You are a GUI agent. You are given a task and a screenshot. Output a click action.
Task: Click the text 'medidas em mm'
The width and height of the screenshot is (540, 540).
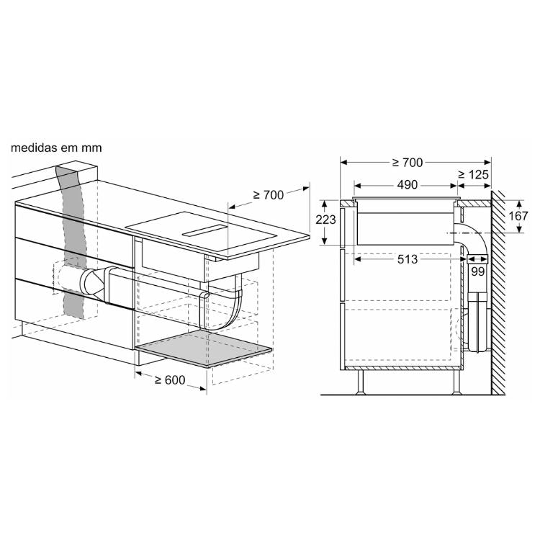[56, 148]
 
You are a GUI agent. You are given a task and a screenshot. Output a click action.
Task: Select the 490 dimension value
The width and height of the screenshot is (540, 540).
[407, 185]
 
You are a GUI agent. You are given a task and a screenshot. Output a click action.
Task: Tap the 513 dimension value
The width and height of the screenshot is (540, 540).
[408, 259]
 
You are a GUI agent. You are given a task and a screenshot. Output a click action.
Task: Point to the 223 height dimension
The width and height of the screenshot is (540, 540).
[325, 220]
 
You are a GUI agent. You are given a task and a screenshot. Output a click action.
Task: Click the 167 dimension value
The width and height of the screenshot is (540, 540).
[518, 216]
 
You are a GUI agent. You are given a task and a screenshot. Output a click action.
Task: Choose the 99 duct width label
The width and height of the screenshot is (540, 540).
[477, 271]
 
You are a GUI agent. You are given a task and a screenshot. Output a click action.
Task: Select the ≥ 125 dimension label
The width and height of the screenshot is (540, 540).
[474, 175]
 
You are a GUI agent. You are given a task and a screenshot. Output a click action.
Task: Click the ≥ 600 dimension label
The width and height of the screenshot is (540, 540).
[170, 380]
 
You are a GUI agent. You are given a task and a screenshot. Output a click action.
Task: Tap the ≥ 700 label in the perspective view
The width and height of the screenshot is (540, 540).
[269, 195]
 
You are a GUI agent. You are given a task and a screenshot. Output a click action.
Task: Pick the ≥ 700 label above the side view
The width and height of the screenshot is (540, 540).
[407, 163]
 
